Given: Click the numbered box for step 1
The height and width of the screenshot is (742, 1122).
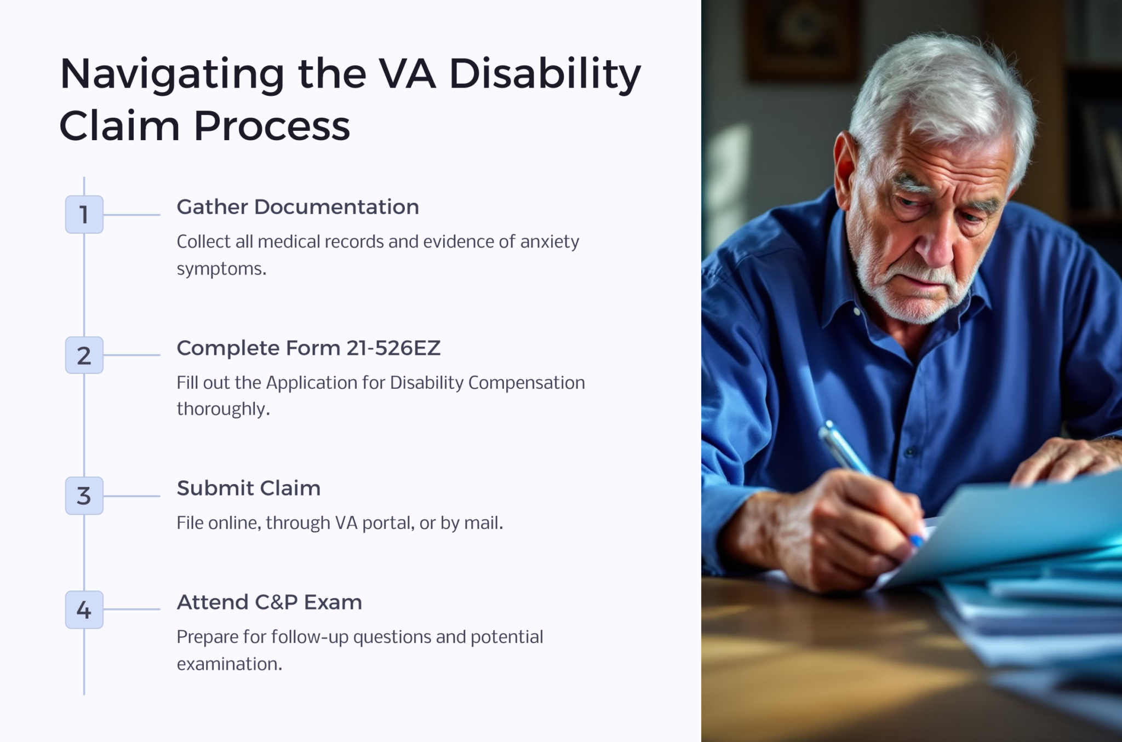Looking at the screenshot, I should pyautogui.click(x=84, y=214).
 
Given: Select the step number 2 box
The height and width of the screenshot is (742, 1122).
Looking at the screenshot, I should pyautogui.click(x=84, y=355).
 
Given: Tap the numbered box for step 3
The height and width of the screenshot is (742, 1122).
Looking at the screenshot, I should pyautogui.click(x=84, y=496).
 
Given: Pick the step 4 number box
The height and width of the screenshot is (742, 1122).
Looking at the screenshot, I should pyautogui.click(x=84, y=609).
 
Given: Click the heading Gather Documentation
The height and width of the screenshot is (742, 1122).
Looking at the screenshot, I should pyautogui.click(x=297, y=207).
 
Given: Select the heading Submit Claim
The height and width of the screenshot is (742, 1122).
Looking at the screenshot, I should pyautogui.click(x=248, y=488).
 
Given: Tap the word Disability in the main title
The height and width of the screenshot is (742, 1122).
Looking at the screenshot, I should pyautogui.click(x=545, y=74).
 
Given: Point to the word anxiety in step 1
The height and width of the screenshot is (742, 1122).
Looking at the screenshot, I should pyautogui.click(x=549, y=241).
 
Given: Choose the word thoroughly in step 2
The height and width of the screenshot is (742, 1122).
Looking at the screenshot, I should pyautogui.click(x=223, y=409).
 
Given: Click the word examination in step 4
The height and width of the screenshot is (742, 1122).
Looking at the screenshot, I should pyautogui.click(x=229, y=664).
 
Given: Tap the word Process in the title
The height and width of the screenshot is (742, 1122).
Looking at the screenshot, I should pyautogui.click(x=272, y=126).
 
